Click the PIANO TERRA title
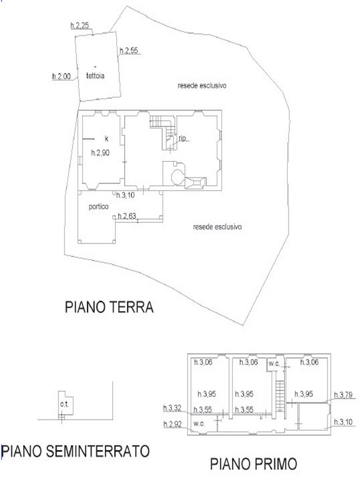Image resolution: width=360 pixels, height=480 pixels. tap(109, 307)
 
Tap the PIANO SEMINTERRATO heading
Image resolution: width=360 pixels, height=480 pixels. tap(75, 451)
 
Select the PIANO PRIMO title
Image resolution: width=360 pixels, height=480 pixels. tap(254, 464)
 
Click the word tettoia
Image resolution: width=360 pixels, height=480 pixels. tap(95, 75)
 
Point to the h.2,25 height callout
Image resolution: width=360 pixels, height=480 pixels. tap(80, 25)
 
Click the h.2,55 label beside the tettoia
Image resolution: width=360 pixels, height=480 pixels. tap(129, 51)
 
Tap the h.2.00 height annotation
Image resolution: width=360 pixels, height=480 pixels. tap(61, 76)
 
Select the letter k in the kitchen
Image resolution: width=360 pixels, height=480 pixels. tap(106, 139)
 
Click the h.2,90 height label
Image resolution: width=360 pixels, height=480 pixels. tap(100, 152)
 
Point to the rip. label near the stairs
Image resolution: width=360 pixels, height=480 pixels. tap(182, 138)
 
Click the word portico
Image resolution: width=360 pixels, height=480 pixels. tap(98, 207)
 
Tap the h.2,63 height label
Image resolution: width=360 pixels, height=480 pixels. tap(127, 216)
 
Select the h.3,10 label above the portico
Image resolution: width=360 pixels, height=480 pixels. tap(125, 195)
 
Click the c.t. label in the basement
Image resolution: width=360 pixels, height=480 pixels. tap(64, 405)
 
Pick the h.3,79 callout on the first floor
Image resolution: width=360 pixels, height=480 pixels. tap(343, 395)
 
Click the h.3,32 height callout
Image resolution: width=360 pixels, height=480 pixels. tap(172, 408)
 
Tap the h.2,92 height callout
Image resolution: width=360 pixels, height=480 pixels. tap(172, 424)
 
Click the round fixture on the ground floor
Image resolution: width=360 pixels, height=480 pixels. tap(178, 177)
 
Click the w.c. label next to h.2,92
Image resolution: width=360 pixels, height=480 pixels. tap(199, 424)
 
